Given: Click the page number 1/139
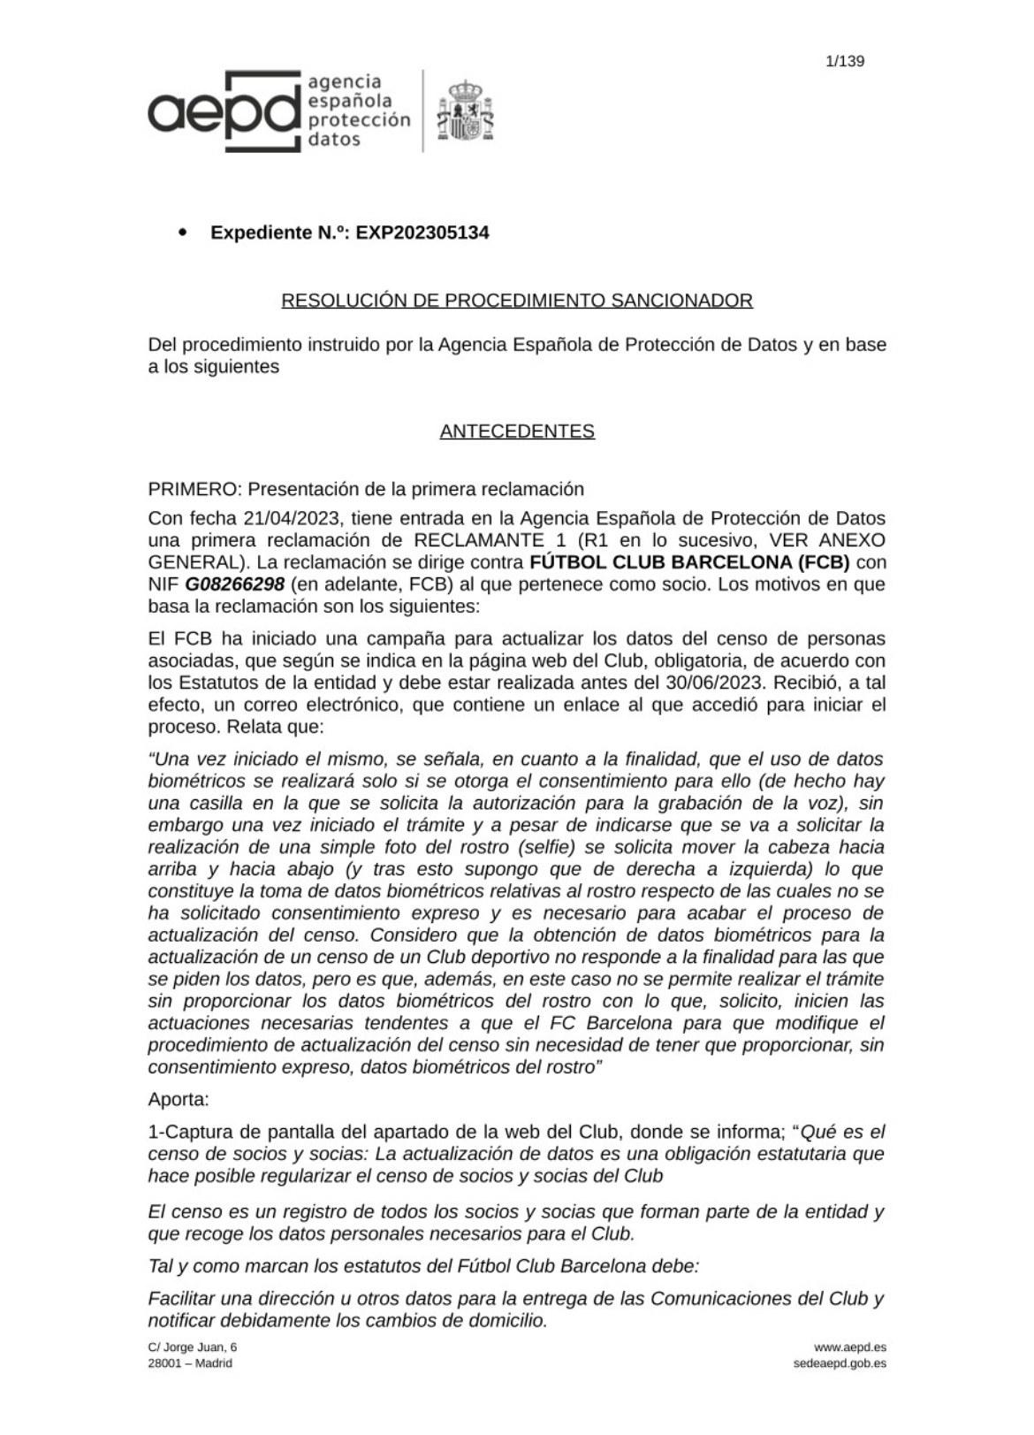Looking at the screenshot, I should [x=844, y=61].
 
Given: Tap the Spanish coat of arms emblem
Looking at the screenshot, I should [x=465, y=111].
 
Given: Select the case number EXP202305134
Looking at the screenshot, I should [x=422, y=233].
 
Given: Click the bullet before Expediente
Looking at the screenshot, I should [x=183, y=233].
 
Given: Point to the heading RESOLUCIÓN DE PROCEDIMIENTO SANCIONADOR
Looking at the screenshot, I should [x=517, y=301].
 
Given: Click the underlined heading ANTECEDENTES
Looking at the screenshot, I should [x=517, y=431].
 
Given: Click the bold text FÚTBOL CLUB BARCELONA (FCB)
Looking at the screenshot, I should [x=688, y=562].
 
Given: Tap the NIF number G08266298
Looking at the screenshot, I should [x=234, y=584].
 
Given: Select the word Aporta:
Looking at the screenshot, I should [x=179, y=1100].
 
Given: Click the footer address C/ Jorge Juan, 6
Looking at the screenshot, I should [x=193, y=1347].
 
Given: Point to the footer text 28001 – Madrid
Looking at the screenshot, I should [x=190, y=1363].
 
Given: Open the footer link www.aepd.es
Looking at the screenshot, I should [x=849, y=1347].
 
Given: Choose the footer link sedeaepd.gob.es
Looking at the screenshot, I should [x=840, y=1363].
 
